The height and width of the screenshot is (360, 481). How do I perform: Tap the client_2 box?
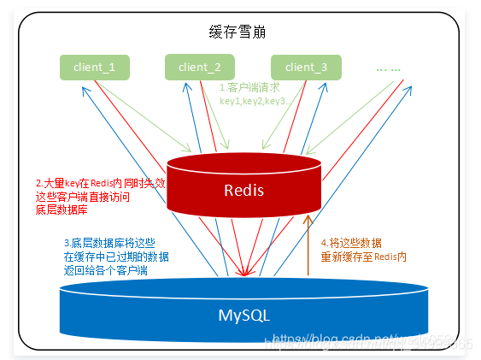coord(199,66)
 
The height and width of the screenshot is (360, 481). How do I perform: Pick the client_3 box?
coord(306,66)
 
